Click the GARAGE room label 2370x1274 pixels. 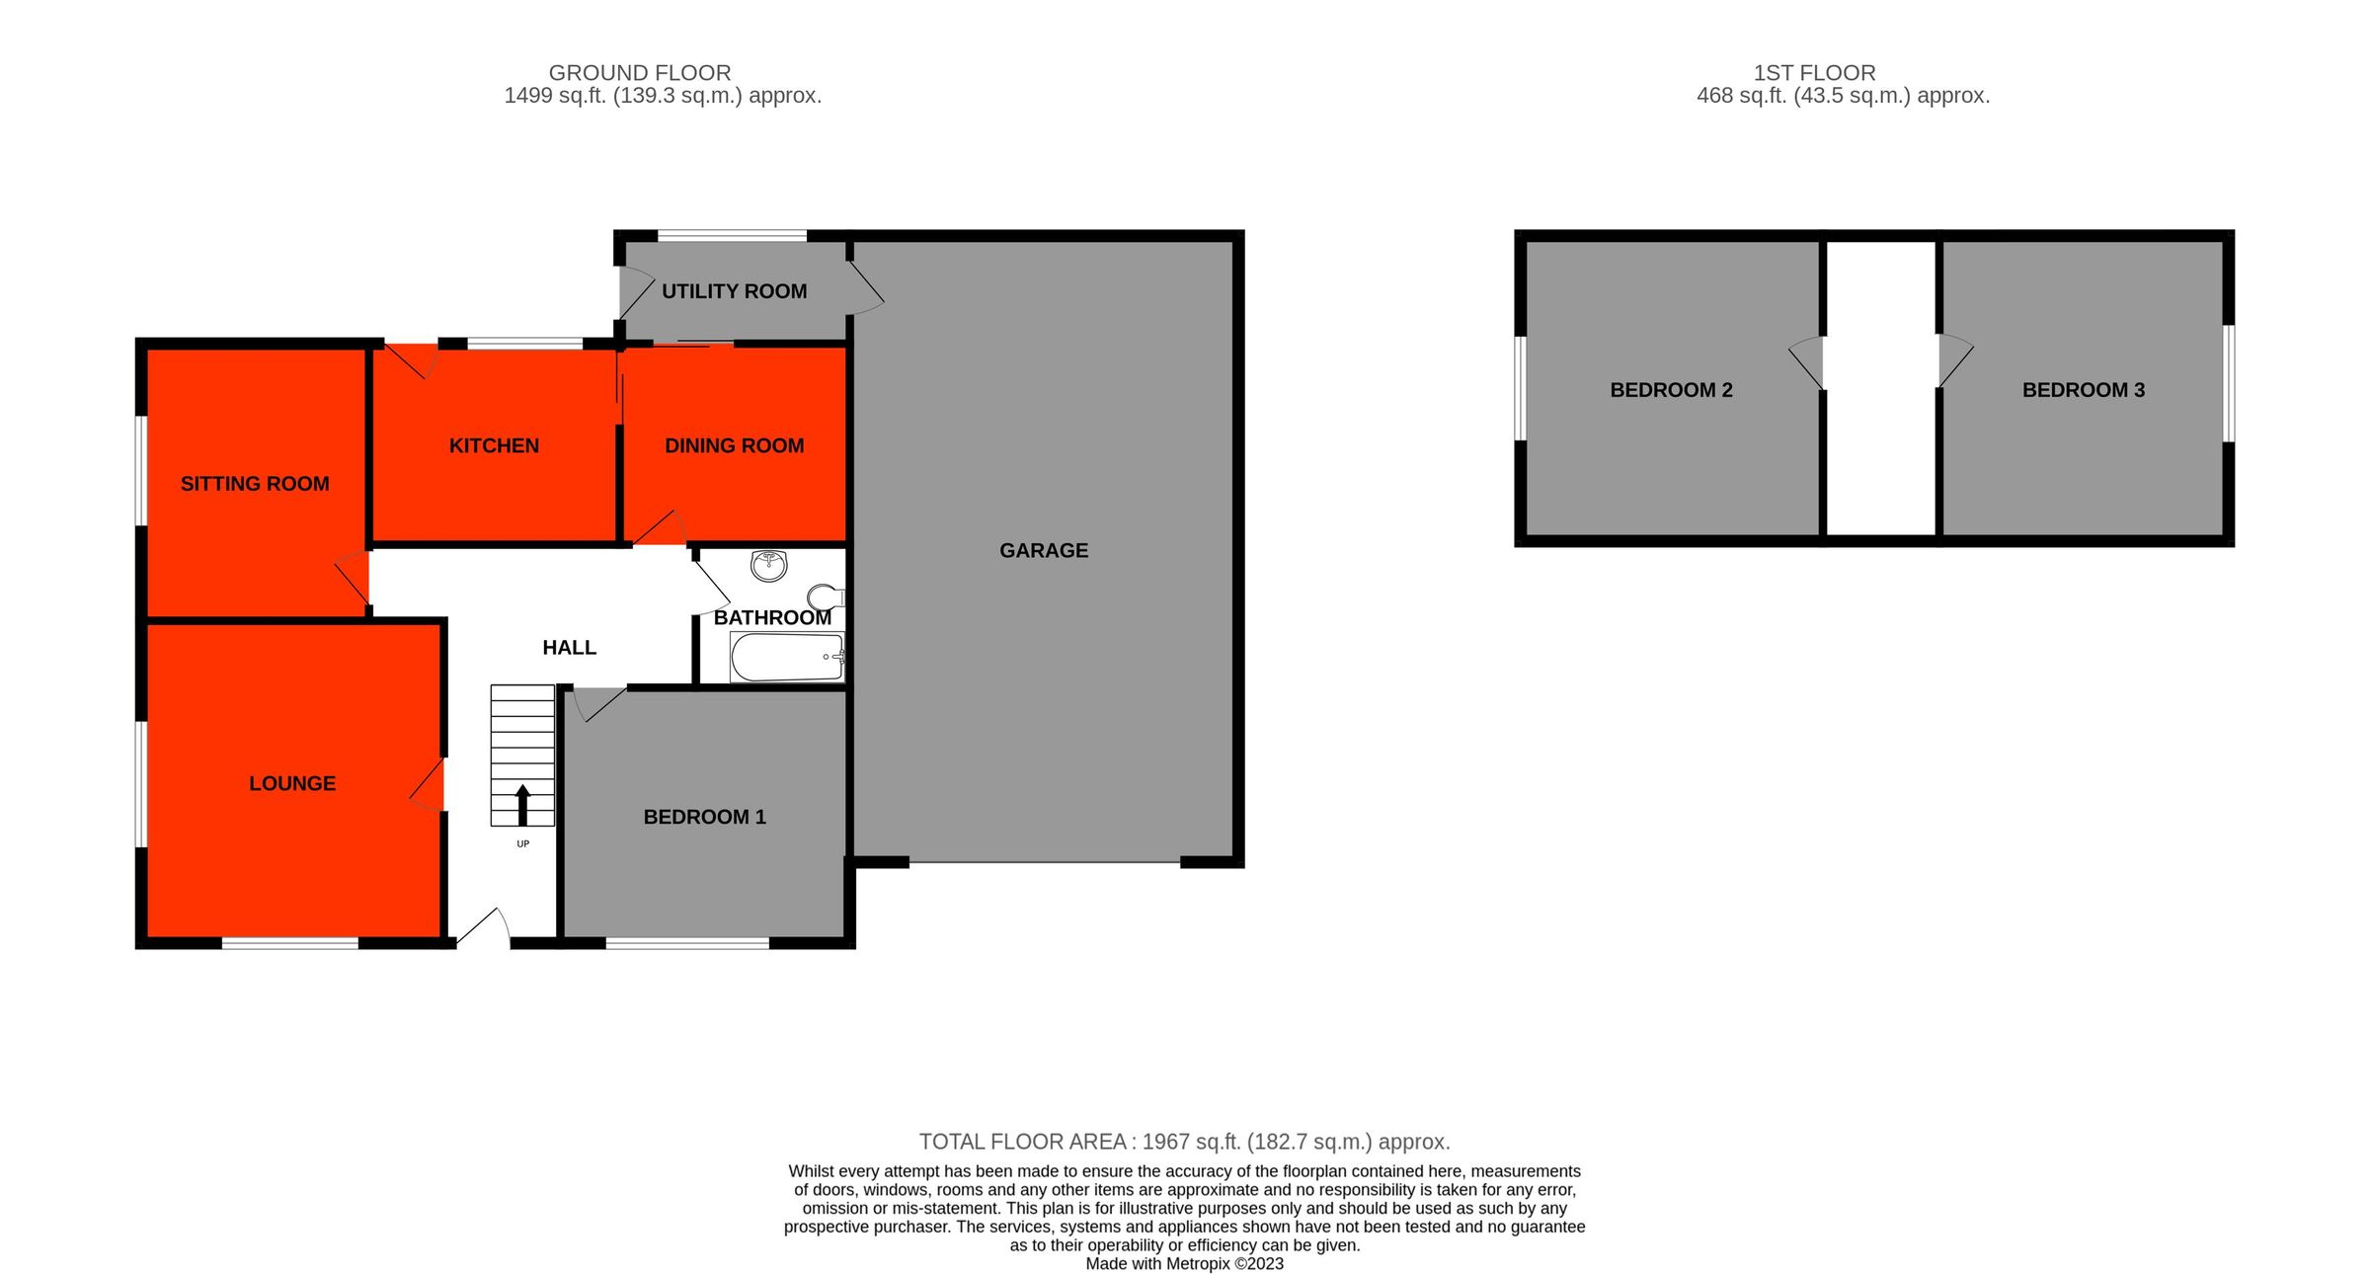(1043, 550)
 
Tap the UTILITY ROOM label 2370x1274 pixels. (734, 291)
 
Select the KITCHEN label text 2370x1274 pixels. (494, 445)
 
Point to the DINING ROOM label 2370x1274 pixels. (734, 445)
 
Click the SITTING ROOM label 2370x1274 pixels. (255, 484)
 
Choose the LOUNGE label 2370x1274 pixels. (292, 783)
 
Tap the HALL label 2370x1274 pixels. (569, 648)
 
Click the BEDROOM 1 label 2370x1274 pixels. (704, 817)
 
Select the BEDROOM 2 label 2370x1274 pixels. (1671, 390)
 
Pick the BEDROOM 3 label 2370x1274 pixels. (2083, 390)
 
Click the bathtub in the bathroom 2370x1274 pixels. (786, 658)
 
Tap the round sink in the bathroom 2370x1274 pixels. (768, 566)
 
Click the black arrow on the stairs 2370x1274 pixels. (522, 804)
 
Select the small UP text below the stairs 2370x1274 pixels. (522, 844)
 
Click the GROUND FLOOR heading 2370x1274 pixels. (639, 73)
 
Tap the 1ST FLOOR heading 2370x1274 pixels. (1814, 73)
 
